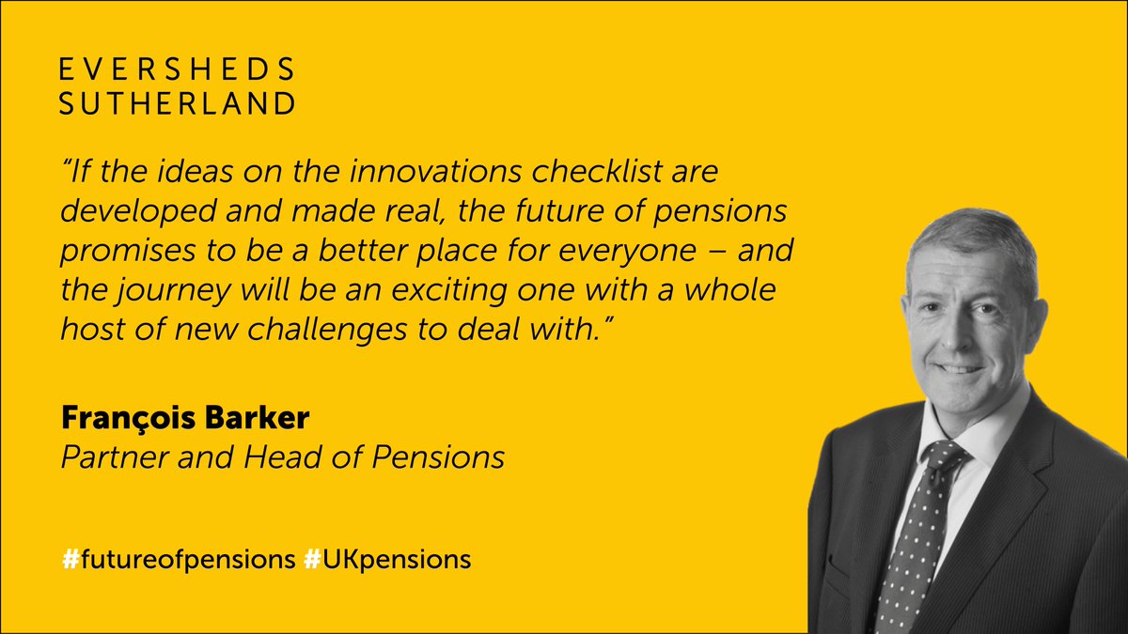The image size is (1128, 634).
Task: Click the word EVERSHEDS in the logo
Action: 177,70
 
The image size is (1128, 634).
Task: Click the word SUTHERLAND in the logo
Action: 177,103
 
